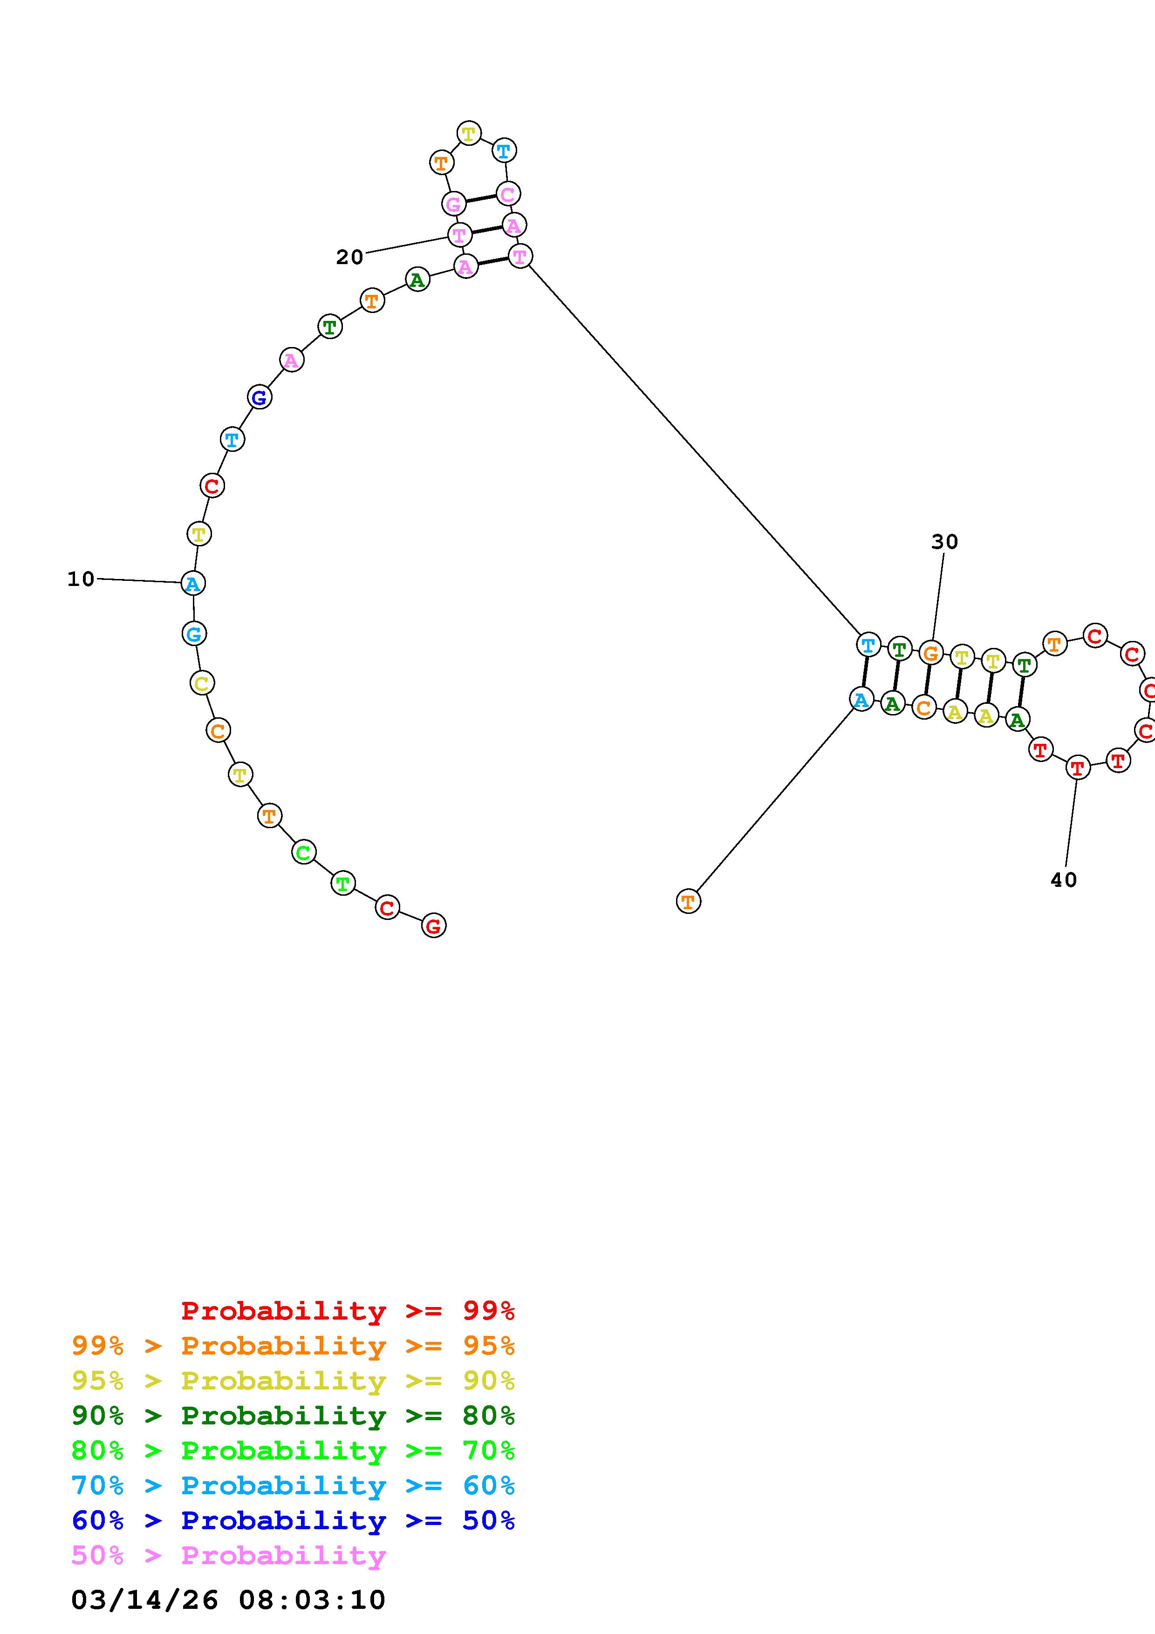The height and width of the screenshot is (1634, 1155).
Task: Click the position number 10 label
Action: (x=81, y=579)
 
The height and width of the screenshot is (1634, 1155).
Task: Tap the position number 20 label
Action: (x=349, y=257)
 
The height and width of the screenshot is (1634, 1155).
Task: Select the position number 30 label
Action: (x=945, y=542)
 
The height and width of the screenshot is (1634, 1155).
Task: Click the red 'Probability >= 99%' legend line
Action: (x=348, y=1310)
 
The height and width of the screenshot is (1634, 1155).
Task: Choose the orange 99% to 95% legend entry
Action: (x=293, y=1345)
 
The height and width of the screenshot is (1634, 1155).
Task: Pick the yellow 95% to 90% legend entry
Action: (x=293, y=1380)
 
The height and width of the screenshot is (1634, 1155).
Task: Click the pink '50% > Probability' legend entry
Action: (x=228, y=1554)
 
